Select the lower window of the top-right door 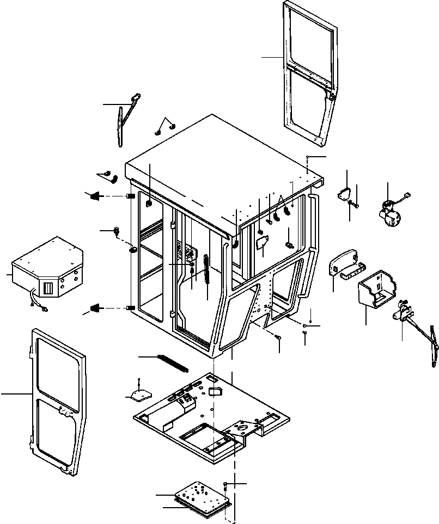click(308, 103)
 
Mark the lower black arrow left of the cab click(96, 309)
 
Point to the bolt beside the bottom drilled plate click(225, 485)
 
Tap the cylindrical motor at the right click(389, 213)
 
